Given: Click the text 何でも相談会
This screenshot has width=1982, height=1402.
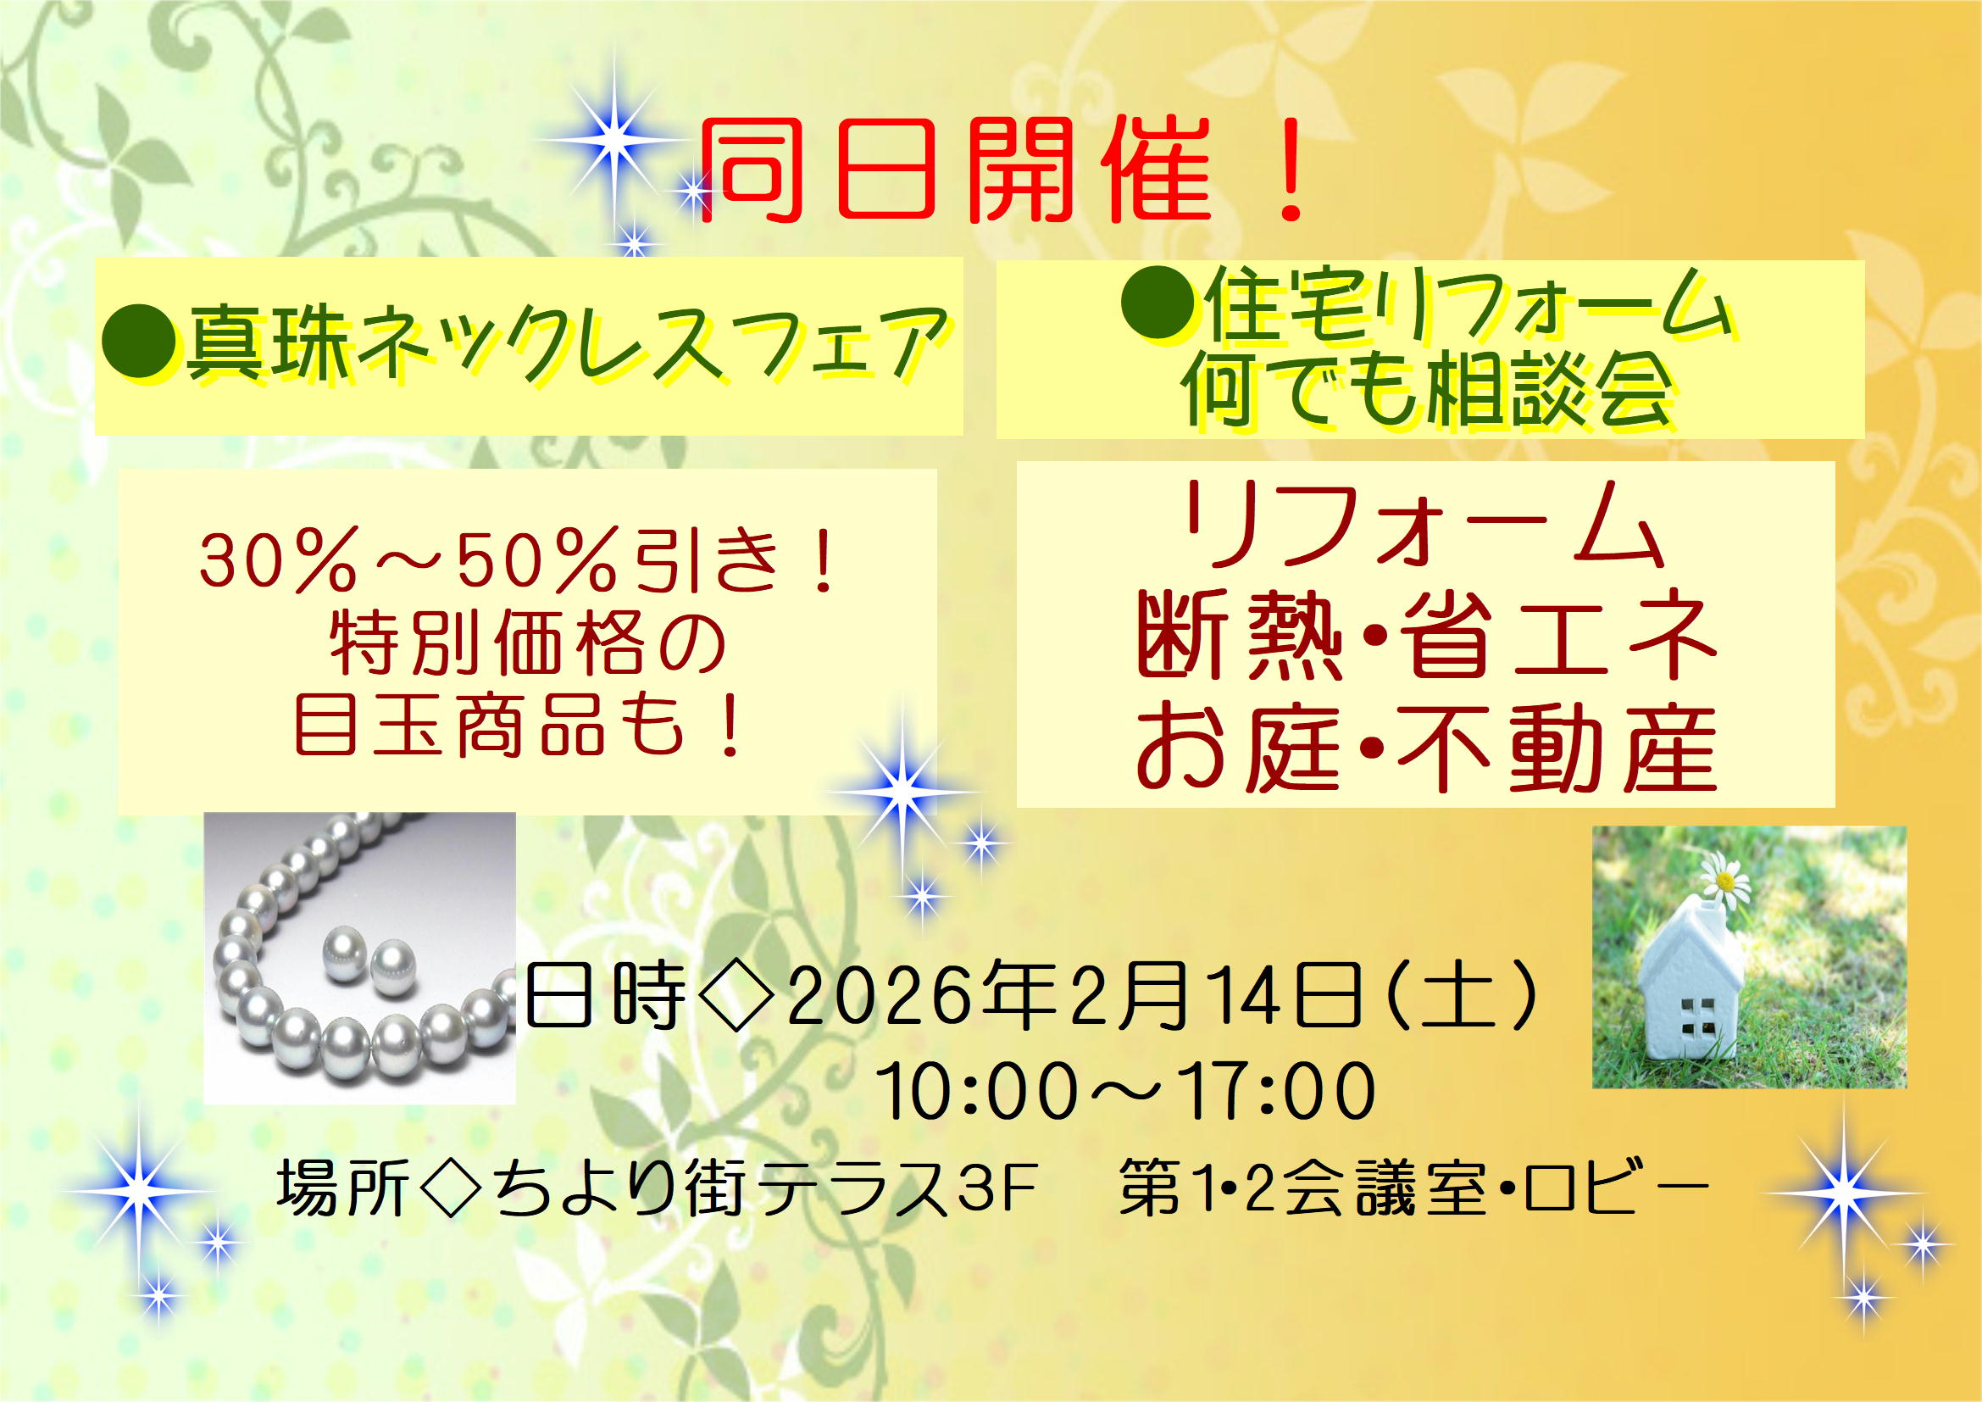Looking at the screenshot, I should pyautogui.click(x=1429, y=392).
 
